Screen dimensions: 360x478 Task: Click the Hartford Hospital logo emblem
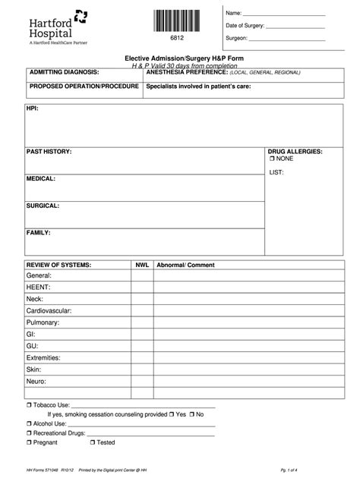coord(81,16)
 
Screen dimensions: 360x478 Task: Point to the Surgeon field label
coord(237,38)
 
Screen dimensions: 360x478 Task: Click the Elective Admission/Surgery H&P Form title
coord(179,58)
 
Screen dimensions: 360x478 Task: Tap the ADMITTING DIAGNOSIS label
coord(65,72)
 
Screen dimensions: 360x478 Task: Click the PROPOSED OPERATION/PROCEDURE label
coord(84,86)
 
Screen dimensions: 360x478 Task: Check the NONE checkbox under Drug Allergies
coord(272,159)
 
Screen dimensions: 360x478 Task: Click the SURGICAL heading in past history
coord(43,206)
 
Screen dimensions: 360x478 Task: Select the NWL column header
coord(142,265)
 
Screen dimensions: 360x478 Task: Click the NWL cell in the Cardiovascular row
coord(142,310)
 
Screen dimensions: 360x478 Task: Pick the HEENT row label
coord(39,288)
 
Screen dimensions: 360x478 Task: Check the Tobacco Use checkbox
coord(30,406)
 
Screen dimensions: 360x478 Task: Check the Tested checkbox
coord(93,442)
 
